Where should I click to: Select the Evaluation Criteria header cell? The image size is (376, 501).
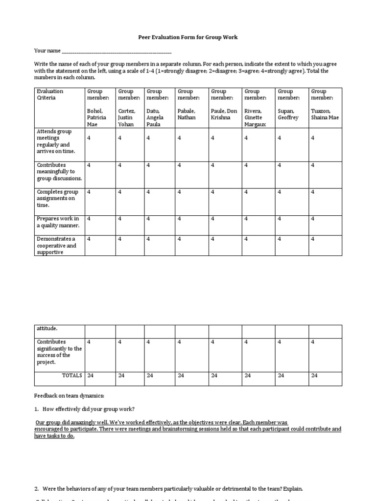(50, 94)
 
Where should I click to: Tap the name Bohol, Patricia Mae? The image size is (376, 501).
(96, 117)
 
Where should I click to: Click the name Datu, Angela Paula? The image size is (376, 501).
(156, 117)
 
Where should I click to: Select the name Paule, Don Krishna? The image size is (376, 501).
(224, 114)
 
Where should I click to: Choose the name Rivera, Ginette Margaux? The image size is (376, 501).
(255, 117)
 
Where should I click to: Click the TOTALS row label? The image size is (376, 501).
(71, 376)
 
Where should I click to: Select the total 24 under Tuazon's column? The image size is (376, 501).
(314, 376)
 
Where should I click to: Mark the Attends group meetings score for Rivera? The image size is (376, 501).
(246, 138)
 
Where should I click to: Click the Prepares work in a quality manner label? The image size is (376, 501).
(58, 222)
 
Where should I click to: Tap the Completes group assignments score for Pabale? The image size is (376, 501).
(180, 192)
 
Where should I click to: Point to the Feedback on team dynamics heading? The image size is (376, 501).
(69, 395)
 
